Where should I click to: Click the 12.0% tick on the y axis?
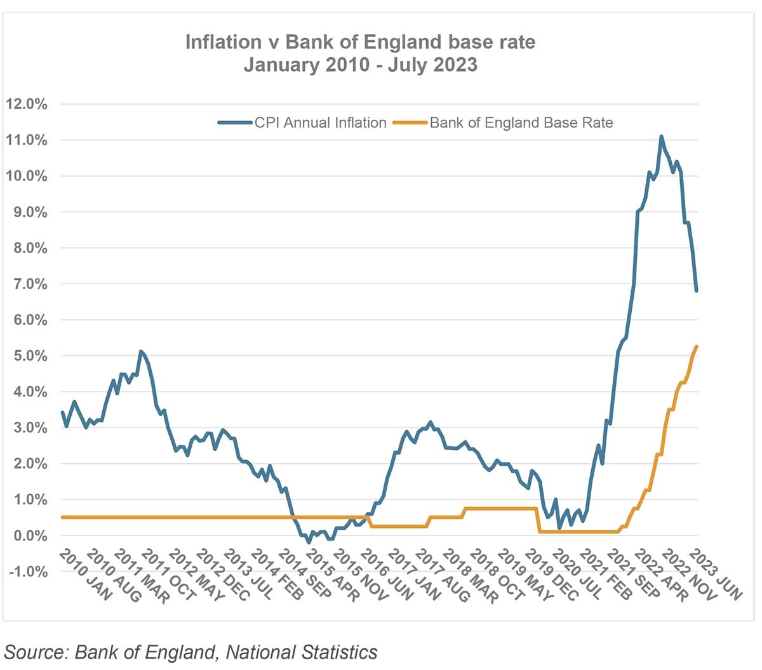point(27,104)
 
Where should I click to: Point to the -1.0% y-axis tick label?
point(27,572)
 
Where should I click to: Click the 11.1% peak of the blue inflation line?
point(661,136)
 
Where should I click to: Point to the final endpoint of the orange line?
point(697,346)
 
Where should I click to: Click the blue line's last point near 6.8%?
point(697,291)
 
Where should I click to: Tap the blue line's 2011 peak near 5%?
point(140,351)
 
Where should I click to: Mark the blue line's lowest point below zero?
point(309,542)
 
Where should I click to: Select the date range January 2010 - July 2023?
point(360,65)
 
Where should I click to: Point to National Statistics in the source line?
point(302,652)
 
